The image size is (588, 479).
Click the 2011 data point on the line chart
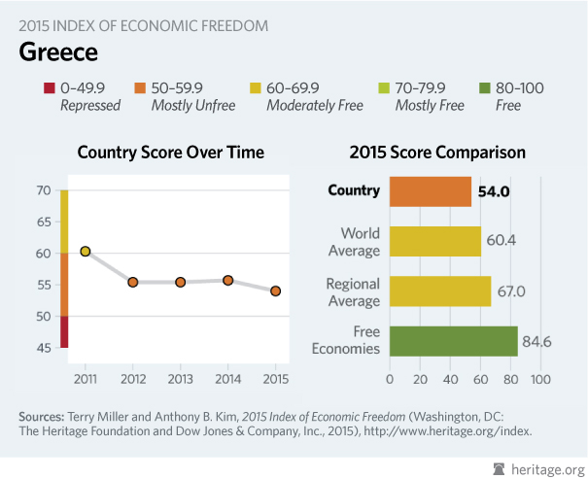tap(85, 252)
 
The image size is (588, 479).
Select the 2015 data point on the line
tap(275, 291)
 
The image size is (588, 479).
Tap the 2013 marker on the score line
tap(180, 282)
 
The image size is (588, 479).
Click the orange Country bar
tap(430, 191)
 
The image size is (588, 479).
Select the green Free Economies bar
tap(453, 341)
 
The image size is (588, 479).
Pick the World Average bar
tap(434, 241)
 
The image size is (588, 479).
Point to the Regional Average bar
tap(439, 291)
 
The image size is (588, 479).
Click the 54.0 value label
tap(494, 192)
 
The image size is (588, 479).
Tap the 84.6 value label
tap(540, 341)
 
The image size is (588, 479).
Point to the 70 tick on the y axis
tap(44, 190)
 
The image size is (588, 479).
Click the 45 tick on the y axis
tap(44, 347)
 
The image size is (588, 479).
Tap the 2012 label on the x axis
tap(132, 376)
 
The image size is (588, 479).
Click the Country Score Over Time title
tap(170, 153)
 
